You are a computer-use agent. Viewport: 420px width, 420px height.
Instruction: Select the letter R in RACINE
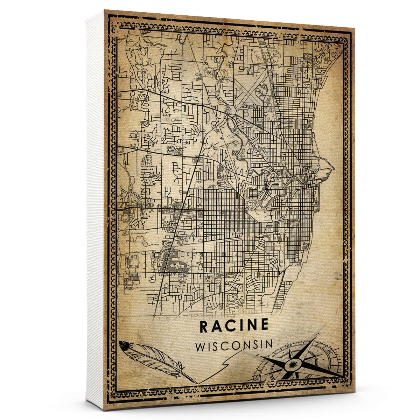pyautogui.click(x=204, y=325)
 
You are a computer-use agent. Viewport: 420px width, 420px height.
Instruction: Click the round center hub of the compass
pyautogui.click(x=293, y=365)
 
